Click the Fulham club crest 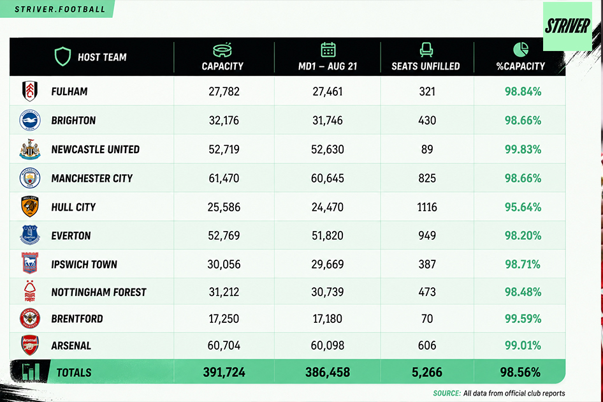click(29, 91)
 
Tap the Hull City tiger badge click(29, 207)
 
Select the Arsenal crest click(29, 345)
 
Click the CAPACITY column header click(222, 66)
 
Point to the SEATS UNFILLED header click(426, 66)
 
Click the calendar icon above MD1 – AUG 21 click(328, 50)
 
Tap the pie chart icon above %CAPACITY click(521, 50)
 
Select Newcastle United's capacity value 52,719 click(224, 149)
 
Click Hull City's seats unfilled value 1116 click(427, 207)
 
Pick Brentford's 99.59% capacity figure click(523, 319)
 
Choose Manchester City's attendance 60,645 click(328, 178)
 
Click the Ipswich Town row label click(84, 265)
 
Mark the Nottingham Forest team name click(99, 292)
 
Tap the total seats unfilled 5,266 click(427, 373)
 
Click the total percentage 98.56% click(520, 373)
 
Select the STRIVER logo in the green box click(567, 26)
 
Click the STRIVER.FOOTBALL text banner click(60, 9)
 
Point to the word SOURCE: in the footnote click(447, 393)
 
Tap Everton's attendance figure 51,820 click(328, 235)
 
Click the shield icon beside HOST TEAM click(62, 56)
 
